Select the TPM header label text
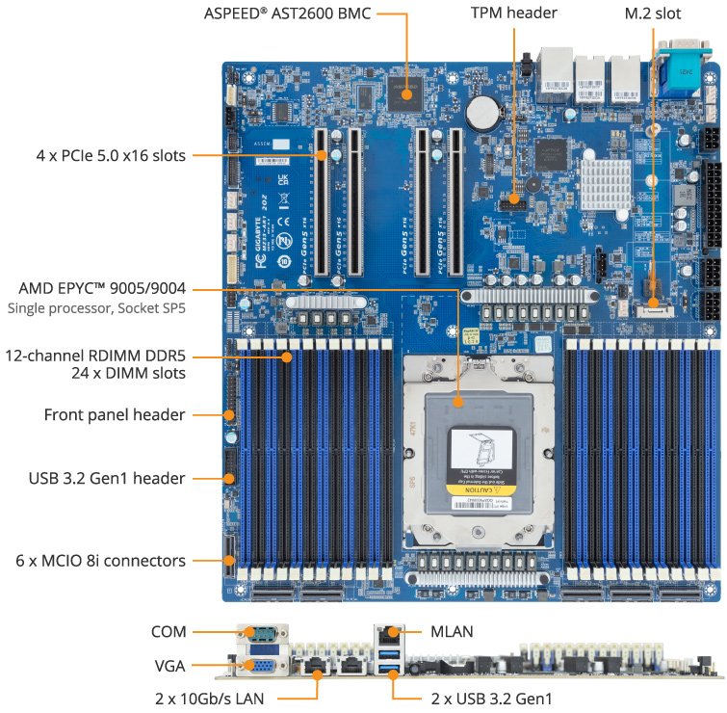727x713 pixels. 513,14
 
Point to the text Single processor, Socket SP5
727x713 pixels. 96,309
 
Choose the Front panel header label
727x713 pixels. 115,414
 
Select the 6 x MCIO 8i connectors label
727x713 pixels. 94,560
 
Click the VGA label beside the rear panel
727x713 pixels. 169,665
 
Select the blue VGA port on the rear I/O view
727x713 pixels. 259,664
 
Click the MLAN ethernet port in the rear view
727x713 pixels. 388,635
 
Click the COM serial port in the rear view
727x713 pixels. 259,634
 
